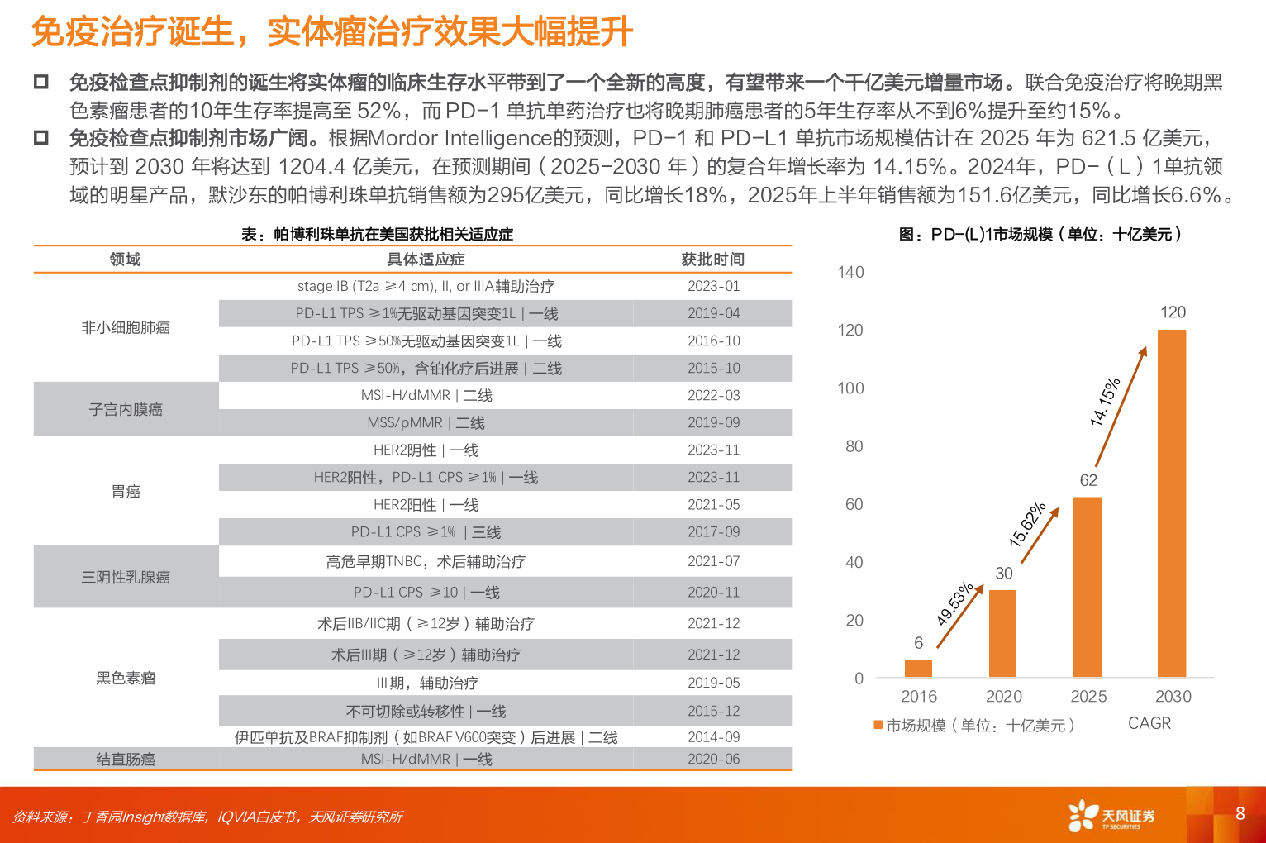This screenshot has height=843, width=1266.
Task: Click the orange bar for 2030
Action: (x=1171, y=503)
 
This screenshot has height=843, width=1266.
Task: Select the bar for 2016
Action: (x=918, y=668)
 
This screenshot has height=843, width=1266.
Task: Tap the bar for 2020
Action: (x=1002, y=633)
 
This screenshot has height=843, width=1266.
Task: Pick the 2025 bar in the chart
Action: (x=1087, y=587)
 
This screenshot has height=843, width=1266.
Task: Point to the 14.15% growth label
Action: (x=1105, y=402)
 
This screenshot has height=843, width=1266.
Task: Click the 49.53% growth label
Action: (x=954, y=604)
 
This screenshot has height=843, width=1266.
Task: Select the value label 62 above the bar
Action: (x=1088, y=480)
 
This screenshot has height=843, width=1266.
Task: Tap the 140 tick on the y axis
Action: (x=850, y=272)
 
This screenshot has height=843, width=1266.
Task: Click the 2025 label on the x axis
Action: (x=1088, y=696)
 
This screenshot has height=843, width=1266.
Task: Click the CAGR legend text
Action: (x=1149, y=723)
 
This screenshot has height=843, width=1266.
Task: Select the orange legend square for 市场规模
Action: (x=878, y=726)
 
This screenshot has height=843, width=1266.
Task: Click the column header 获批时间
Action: (x=712, y=260)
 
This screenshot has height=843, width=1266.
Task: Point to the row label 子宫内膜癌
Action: (x=126, y=409)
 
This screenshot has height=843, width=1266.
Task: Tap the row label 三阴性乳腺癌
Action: (x=126, y=577)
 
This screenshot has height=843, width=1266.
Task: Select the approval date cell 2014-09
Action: (x=713, y=736)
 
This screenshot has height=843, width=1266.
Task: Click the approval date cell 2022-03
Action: (x=713, y=395)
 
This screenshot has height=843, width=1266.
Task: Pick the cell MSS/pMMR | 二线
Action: (x=426, y=422)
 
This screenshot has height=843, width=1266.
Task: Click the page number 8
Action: (x=1240, y=813)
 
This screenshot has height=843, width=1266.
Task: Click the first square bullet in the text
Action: (x=40, y=82)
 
